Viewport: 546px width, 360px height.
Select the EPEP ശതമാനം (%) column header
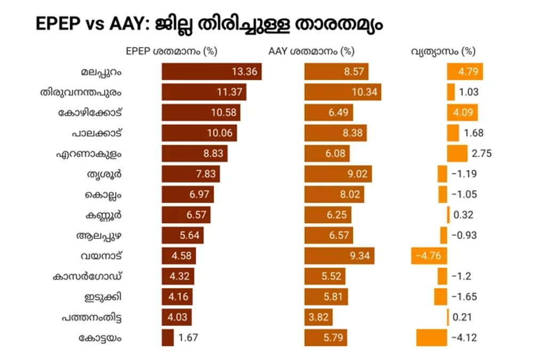(172, 52)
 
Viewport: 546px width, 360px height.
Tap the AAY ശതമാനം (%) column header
(311, 52)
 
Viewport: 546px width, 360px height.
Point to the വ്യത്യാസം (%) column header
(443, 52)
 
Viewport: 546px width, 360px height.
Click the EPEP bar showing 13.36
(212, 71)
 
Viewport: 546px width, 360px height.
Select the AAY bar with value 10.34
(342, 92)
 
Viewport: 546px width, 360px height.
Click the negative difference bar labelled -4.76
(429, 255)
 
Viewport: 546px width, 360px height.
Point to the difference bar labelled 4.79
(464, 71)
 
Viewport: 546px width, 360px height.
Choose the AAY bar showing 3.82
(318, 317)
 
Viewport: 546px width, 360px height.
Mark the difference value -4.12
(464, 338)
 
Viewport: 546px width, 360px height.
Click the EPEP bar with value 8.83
(195, 154)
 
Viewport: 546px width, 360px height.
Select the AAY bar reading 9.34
(339, 255)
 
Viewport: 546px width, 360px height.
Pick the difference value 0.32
(463, 215)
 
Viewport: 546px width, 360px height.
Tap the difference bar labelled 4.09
(462, 113)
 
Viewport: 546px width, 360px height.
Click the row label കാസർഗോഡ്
(88, 276)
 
